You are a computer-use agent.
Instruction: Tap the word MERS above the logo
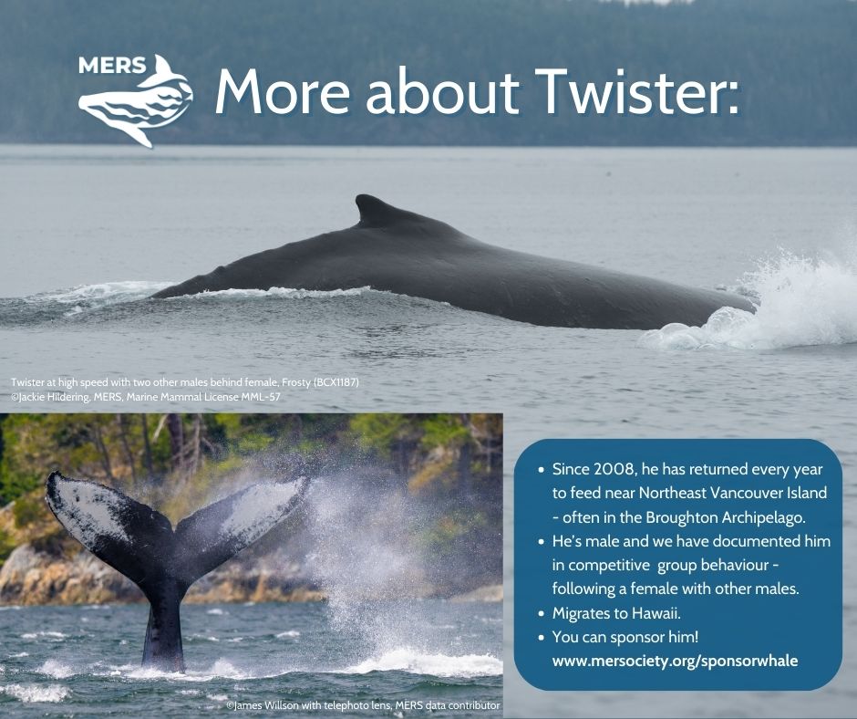click(x=112, y=66)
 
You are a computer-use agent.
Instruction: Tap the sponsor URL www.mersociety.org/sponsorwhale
click(x=675, y=661)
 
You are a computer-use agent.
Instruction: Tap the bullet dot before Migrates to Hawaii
click(x=541, y=614)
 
